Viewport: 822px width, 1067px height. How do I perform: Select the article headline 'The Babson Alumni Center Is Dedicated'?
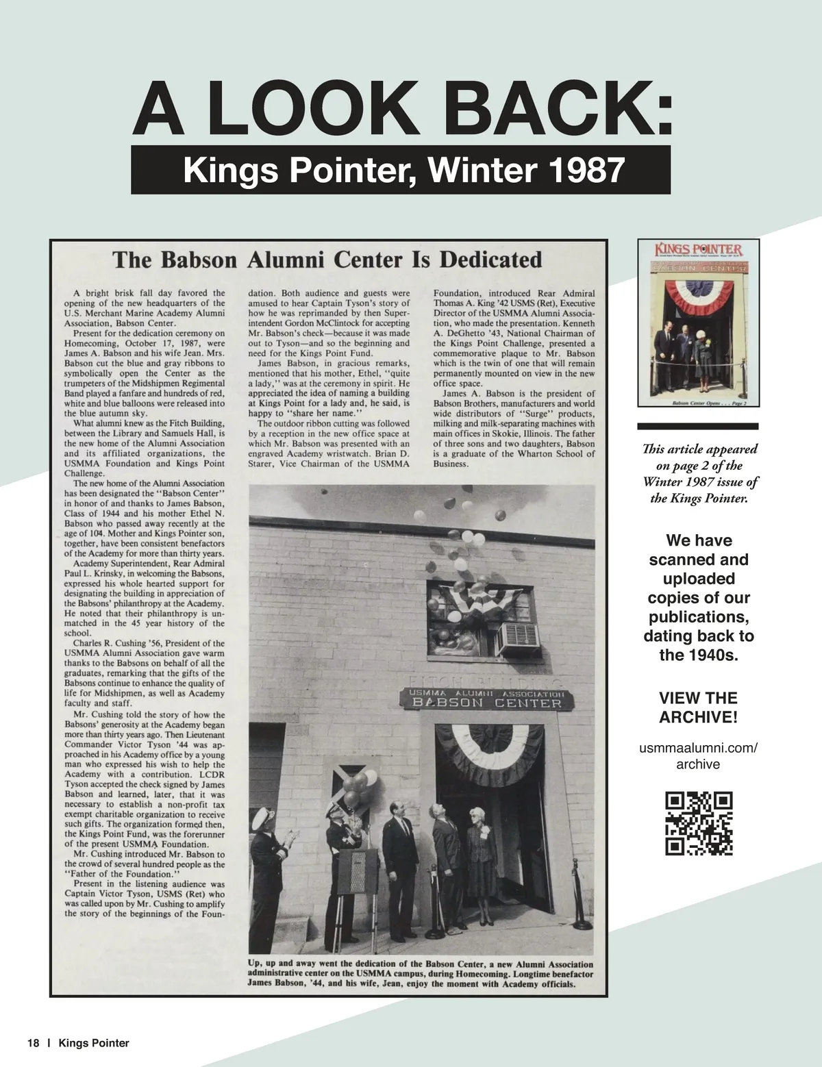tap(327, 260)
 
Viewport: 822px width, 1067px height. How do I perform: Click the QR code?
tap(698, 823)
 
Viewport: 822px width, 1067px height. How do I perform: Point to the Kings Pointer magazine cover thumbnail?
tap(698, 324)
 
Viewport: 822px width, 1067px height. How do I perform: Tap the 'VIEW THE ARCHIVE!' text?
tap(698, 707)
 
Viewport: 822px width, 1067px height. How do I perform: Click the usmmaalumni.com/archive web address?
tap(698, 755)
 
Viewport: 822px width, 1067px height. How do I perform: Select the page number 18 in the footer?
tap(33, 1044)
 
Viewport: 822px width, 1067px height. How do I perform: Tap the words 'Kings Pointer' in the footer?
tap(94, 1044)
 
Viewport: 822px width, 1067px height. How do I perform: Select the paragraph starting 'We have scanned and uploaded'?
tap(698, 598)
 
